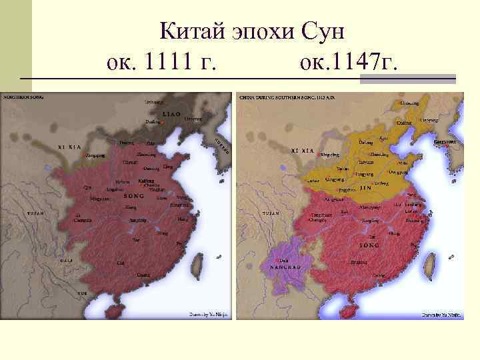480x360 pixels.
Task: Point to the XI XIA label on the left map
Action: pos(70,145)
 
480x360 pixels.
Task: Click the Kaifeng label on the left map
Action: pos(146,180)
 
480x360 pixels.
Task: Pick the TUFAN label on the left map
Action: pos(35,213)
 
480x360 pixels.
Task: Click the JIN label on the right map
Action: pos(366,189)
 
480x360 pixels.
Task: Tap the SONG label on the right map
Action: pos(369,245)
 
